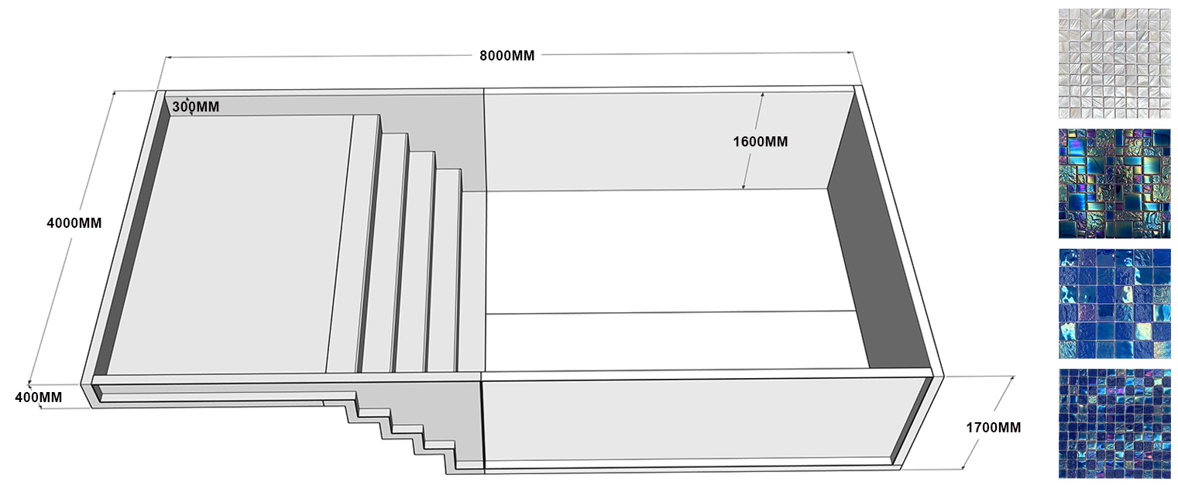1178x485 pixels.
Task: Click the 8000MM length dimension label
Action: [507, 56]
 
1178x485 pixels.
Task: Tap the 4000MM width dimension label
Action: [74, 223]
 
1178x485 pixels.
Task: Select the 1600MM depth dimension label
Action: [760, 142]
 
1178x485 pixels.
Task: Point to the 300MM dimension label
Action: [195, 107]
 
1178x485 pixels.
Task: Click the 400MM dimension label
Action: [39, 397]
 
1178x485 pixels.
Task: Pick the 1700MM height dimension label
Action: [993, 427]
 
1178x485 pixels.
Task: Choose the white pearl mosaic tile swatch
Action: [1114, 64]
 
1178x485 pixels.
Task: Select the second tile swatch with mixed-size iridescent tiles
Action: [1114, 184]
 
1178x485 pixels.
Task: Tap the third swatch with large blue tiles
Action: [1114, 304]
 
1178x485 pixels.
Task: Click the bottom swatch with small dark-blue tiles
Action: [1114, 423]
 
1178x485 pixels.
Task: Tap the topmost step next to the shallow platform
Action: [353, 240]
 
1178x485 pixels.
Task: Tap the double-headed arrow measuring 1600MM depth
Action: [753, 141]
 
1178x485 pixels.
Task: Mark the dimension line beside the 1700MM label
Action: [987, 422]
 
